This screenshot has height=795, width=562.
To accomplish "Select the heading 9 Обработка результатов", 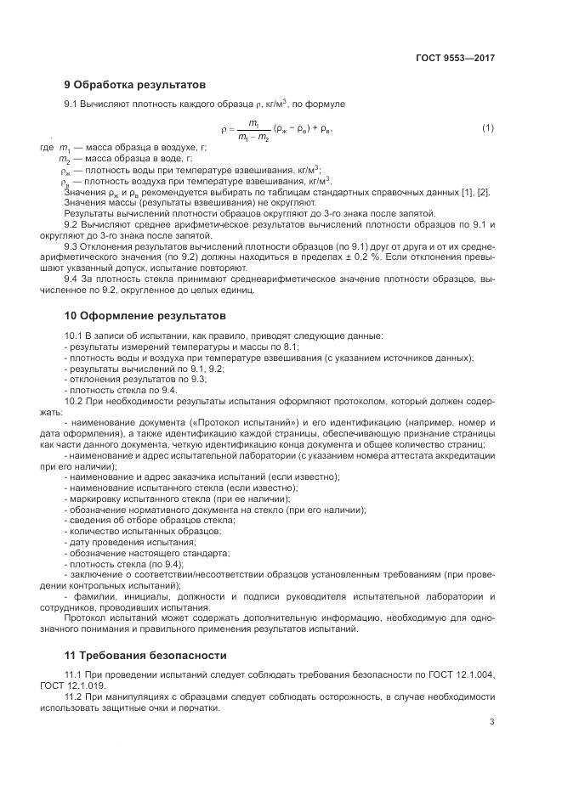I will point(134,85).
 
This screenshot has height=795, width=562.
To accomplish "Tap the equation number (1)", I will point(487,128).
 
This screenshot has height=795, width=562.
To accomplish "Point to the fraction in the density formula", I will point(253,129).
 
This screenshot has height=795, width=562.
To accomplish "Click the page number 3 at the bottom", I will point(491,723).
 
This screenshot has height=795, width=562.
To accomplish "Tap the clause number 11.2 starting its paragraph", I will point(76,696).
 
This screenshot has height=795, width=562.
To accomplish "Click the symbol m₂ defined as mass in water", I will point(64,160).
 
